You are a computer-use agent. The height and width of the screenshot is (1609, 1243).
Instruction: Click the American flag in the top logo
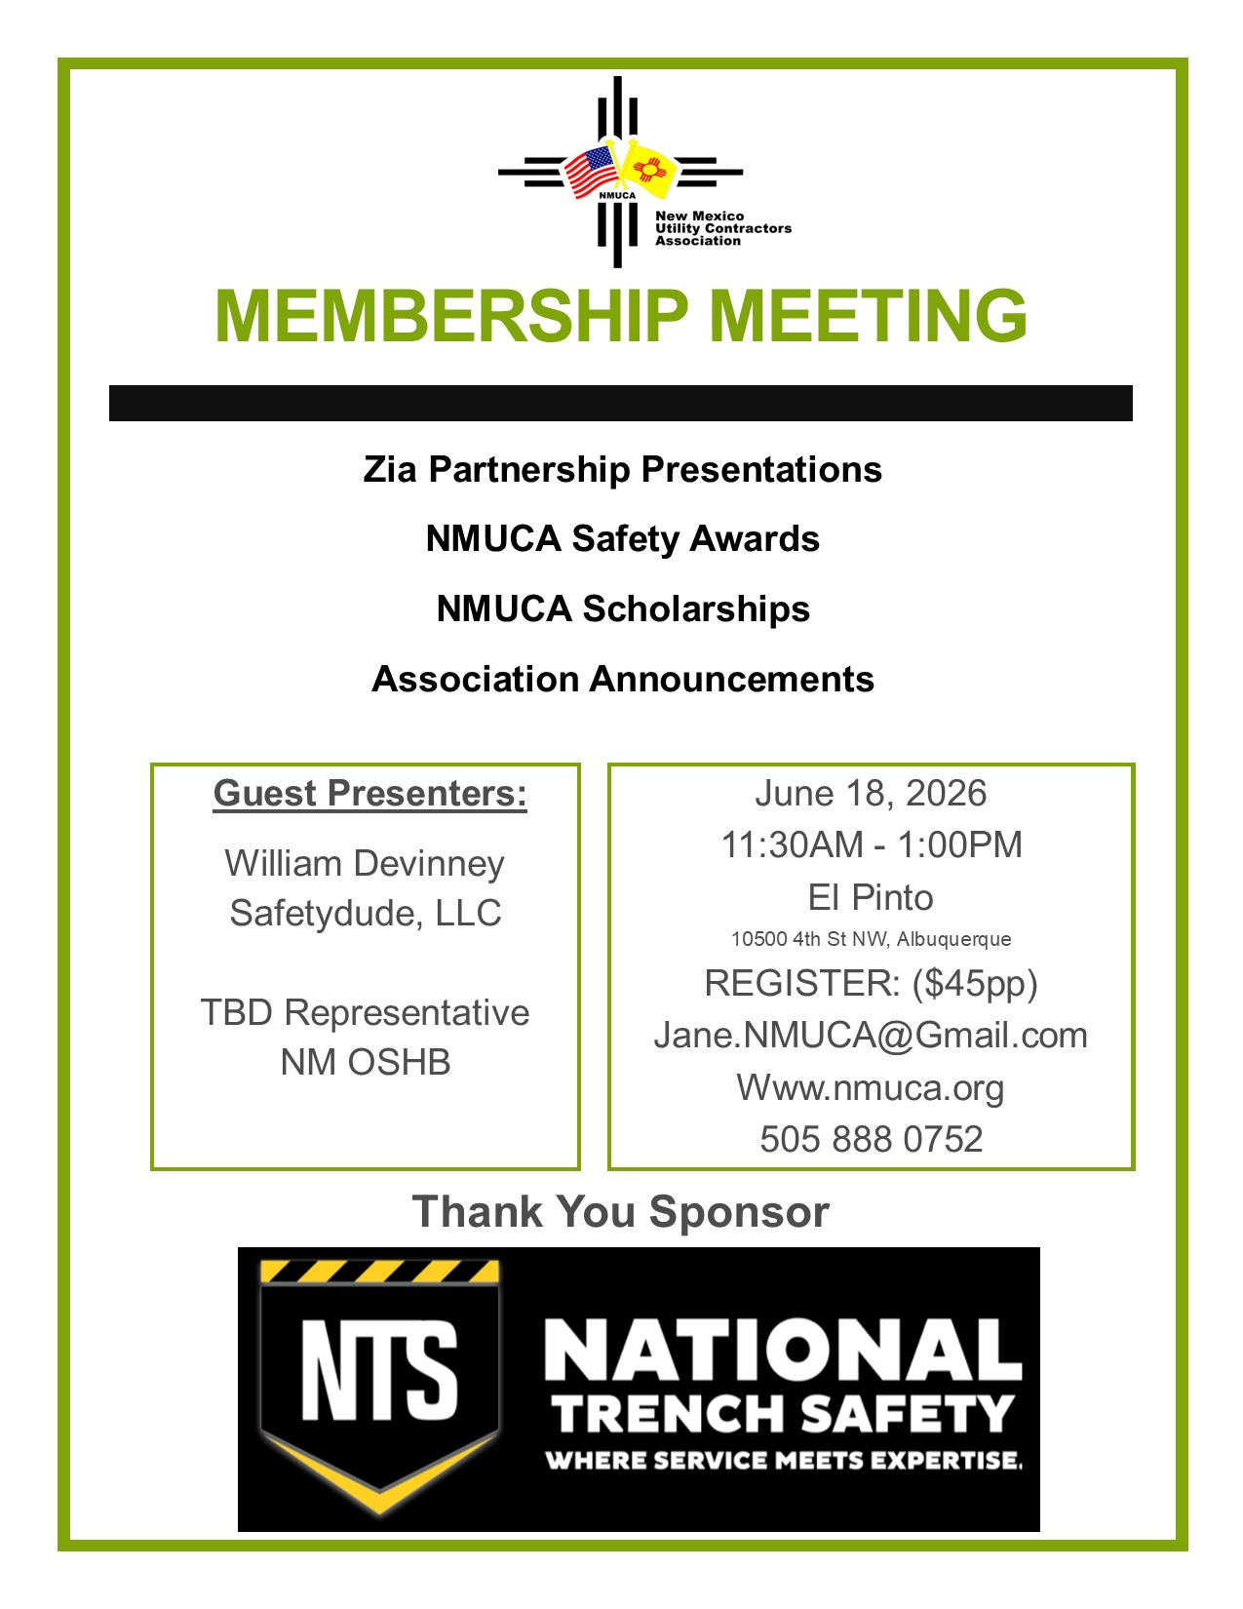point(591,171)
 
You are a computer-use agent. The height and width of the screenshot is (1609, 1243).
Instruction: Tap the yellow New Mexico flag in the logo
point(647,170)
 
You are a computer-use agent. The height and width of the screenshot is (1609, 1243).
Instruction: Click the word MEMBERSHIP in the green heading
point(451,316)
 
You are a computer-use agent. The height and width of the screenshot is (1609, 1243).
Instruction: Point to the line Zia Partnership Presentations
point(622,470)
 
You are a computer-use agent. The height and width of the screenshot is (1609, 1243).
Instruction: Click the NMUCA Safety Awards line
point(622,539)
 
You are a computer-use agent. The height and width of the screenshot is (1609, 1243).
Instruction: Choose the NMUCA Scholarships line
point(622,609)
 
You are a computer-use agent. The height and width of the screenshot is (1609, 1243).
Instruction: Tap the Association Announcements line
point(622,680)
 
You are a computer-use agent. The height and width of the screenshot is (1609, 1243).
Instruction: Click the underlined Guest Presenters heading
point(369,794)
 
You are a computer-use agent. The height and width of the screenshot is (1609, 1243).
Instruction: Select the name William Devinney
point(365,864)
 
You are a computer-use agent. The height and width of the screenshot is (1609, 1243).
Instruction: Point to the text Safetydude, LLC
point(365,914)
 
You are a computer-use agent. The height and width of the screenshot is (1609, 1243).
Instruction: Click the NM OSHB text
point(365,1063)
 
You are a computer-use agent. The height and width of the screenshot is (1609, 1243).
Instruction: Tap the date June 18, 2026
point(871,794)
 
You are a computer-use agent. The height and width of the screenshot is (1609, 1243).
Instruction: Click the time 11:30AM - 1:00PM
point(871,845)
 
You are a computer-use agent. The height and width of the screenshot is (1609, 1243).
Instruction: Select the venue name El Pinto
point(871,898)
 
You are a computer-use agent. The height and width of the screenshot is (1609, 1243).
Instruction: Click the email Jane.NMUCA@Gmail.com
point(871,1036)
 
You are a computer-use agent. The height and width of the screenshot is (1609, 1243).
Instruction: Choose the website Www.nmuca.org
point(871,1087)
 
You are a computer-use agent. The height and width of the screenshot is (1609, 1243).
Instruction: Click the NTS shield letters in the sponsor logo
point(379,1371)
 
